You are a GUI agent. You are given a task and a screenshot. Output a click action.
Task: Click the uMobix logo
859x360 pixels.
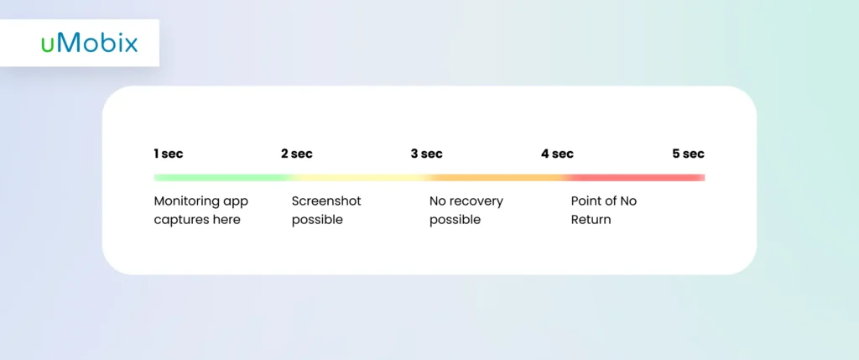point(89,44)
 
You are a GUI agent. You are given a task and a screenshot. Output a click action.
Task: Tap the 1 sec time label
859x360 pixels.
point(169,154)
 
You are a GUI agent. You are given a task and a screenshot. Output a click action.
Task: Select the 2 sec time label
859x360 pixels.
point(297,154)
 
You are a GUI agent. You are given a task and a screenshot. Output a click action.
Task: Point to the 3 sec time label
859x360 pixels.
point(427,154)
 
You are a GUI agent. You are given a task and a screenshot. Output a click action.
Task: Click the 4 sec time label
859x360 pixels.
point(557,154)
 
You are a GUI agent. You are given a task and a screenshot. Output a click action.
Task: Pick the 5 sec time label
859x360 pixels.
point(689,154)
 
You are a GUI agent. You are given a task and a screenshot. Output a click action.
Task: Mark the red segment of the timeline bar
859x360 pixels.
point(636,178)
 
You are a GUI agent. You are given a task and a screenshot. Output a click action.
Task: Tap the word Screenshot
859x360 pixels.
point(326,201)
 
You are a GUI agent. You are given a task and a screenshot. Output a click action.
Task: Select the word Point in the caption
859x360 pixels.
point(586,201)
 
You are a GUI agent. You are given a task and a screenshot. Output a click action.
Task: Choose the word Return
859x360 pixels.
point(591,220)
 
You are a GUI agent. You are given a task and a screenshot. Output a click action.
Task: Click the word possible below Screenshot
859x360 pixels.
point(317,220)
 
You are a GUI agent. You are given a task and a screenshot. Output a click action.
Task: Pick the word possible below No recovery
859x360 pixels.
point(456,220)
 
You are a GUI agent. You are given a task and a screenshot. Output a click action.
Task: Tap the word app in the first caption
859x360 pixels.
point(235,202)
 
